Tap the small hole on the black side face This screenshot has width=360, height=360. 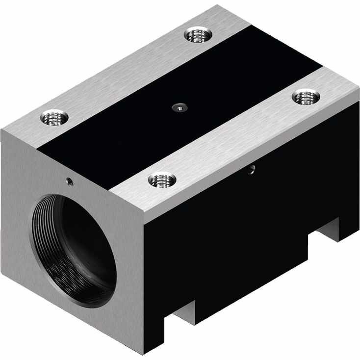(x=252, y=170)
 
